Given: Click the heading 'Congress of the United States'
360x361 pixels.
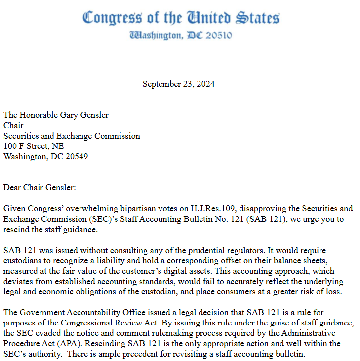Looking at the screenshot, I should (180, 18).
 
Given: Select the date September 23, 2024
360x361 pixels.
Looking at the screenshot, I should (178, 84).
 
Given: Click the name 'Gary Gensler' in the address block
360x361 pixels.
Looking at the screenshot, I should (85, 115).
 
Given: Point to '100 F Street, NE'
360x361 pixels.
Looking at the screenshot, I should (34, 146).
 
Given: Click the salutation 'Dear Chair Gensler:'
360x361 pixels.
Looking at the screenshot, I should (40, 187).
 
